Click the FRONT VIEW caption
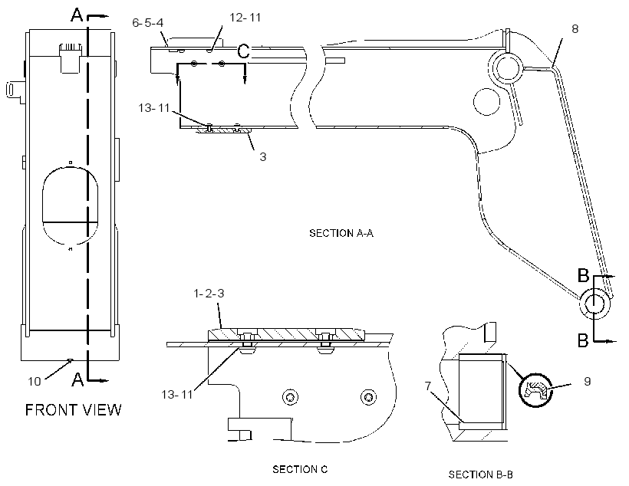coord(73,410)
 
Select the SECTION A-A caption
coord(341,233)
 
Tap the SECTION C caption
coord(300,469)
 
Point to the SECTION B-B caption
coord(481,475)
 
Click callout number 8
coord(575,29)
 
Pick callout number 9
coord(588,381)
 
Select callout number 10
coord(35,381)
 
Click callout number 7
coord(428,386)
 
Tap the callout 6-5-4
coord(147,22)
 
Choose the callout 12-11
coord(245,18)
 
